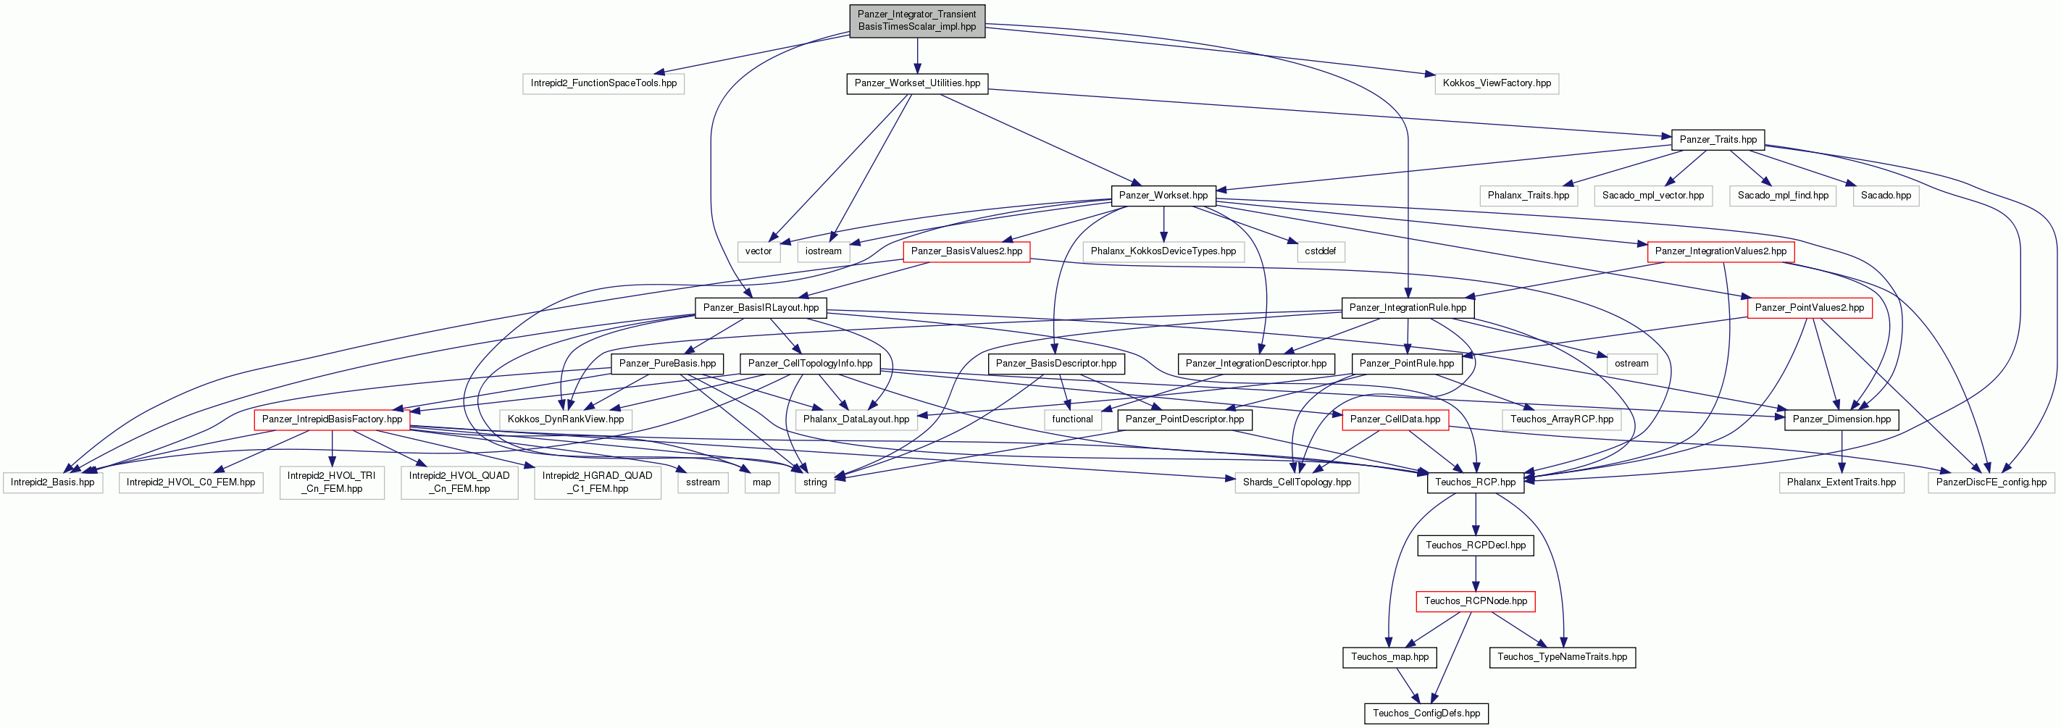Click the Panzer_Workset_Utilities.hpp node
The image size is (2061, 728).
coord(917,83)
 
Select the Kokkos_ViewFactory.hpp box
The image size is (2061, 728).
coord(1496,83)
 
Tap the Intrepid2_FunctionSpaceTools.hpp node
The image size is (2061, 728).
coord(603,83)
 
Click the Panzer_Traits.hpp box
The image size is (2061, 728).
coord(1718,139)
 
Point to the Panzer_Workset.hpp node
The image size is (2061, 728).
coord(1163,195)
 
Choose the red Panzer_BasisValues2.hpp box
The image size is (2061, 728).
coord(966,251)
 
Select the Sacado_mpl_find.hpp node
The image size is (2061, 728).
coord(1783,195)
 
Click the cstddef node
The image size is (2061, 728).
coord(1320,251)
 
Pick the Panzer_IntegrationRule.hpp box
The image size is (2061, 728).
coord(1408,307)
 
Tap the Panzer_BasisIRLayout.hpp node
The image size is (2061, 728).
coord(761,307)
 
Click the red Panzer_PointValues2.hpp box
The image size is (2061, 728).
coord(1809,307)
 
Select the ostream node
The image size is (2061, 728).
coord(1631,363)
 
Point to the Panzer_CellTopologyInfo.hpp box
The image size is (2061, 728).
coord(810,363)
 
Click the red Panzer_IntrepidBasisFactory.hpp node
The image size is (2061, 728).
coord(332,419)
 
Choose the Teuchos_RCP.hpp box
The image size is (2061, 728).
coord(1476,482)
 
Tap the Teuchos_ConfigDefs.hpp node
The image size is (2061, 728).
coord(1426,714)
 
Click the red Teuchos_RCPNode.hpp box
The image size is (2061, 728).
coord(1476,601)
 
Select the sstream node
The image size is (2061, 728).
coord(703,482)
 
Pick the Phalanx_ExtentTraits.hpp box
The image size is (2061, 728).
coord(1841,482)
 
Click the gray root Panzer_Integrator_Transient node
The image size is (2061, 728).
coord(917,20)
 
